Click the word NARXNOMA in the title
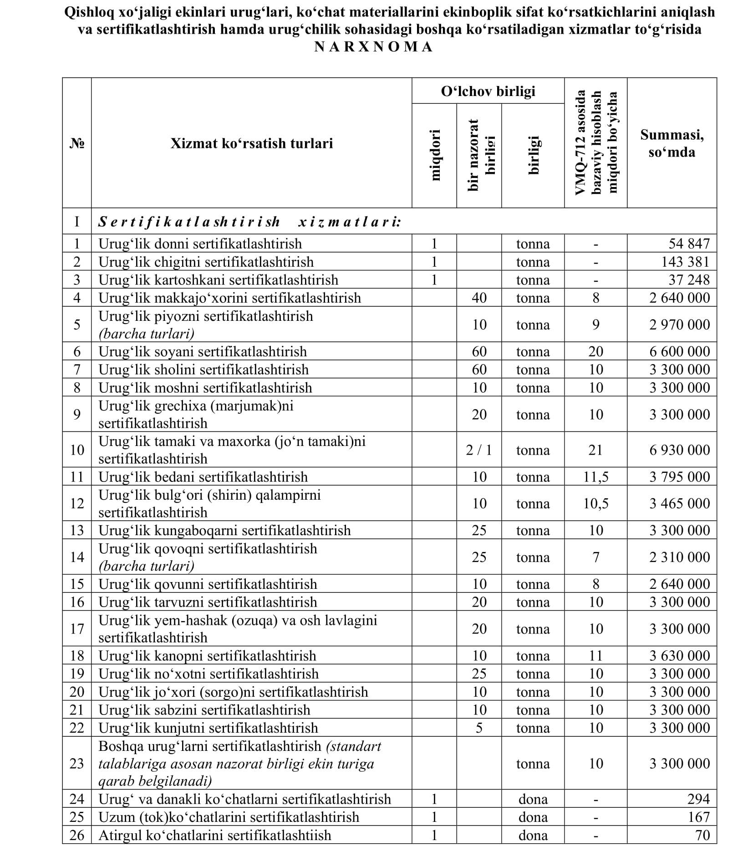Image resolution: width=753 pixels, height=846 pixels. pyautogui.click(x=373, y=47)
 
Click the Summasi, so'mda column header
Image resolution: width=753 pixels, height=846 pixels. pyautogui.click(x=672, y=143)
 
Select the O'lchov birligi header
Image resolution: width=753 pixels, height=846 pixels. pyautogui.click(x=488, y=91)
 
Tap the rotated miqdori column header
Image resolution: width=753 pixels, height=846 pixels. pyautogui.click(x=435, y=155)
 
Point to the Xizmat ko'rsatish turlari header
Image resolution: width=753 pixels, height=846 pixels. pyautogui.click(x=251, y=143)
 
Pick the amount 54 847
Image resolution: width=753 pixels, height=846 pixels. pyautogui.click(x=689, y=243)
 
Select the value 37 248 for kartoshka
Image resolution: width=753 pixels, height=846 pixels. pyautogui.click(x=689, y=279)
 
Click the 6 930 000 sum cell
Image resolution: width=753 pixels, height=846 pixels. pyautogui.click(x=679, y=450)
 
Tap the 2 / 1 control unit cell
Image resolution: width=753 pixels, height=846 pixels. pyautogui.click(x=479, y=450)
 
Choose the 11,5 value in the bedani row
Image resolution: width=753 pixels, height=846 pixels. pyautogui.click(x=595, y=476)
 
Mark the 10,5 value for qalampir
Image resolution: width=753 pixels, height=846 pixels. pyautogui.click(x=595, y=503)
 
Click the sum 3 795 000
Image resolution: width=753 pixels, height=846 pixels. pyautogui.click(x=679, y=476)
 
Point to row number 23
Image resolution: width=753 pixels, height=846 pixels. pyautogui.click(x=76, y=763)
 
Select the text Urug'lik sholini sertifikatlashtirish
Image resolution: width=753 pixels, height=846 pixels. pyautogui.click(x=204, y=369)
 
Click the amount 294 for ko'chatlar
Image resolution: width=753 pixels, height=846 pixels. pyautogui.click(x=698, y=799)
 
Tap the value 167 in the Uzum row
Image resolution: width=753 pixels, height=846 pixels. pyautogui.click(x=698, y=817)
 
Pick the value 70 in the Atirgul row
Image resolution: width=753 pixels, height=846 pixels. pyautogui.click(x=702, y=835)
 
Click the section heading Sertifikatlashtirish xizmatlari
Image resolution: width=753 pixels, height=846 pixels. pyautogui.click(x=249, y=222)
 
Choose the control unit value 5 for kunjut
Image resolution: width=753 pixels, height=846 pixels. pyautogui.click(x=479, y=728)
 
